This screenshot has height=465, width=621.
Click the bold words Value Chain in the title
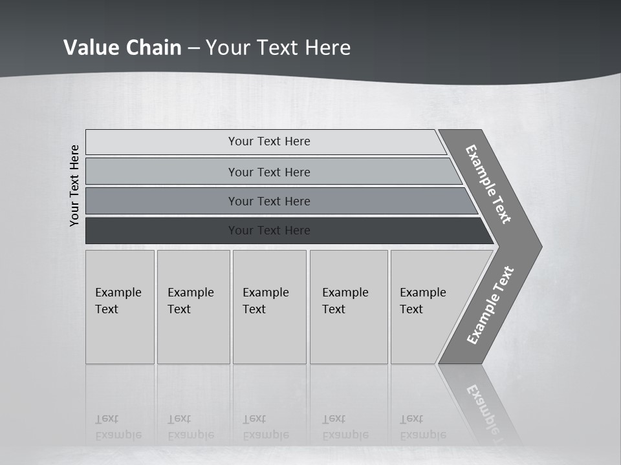(122, 48)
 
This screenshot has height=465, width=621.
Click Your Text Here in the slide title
(278, 48)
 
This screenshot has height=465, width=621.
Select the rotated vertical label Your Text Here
(75, 185)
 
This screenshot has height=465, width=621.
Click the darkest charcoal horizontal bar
(162, 231)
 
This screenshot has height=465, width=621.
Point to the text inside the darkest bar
(269, 231)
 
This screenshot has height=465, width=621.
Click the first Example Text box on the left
(120, 307)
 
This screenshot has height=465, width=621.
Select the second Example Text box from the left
(193, 307)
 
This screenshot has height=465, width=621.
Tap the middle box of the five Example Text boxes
(269, 307)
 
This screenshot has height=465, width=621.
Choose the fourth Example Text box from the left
(349, 307)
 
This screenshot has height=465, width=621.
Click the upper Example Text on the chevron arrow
(488, 185)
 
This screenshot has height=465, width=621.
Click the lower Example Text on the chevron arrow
(490, 305)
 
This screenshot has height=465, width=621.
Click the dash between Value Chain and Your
(193, 48)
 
